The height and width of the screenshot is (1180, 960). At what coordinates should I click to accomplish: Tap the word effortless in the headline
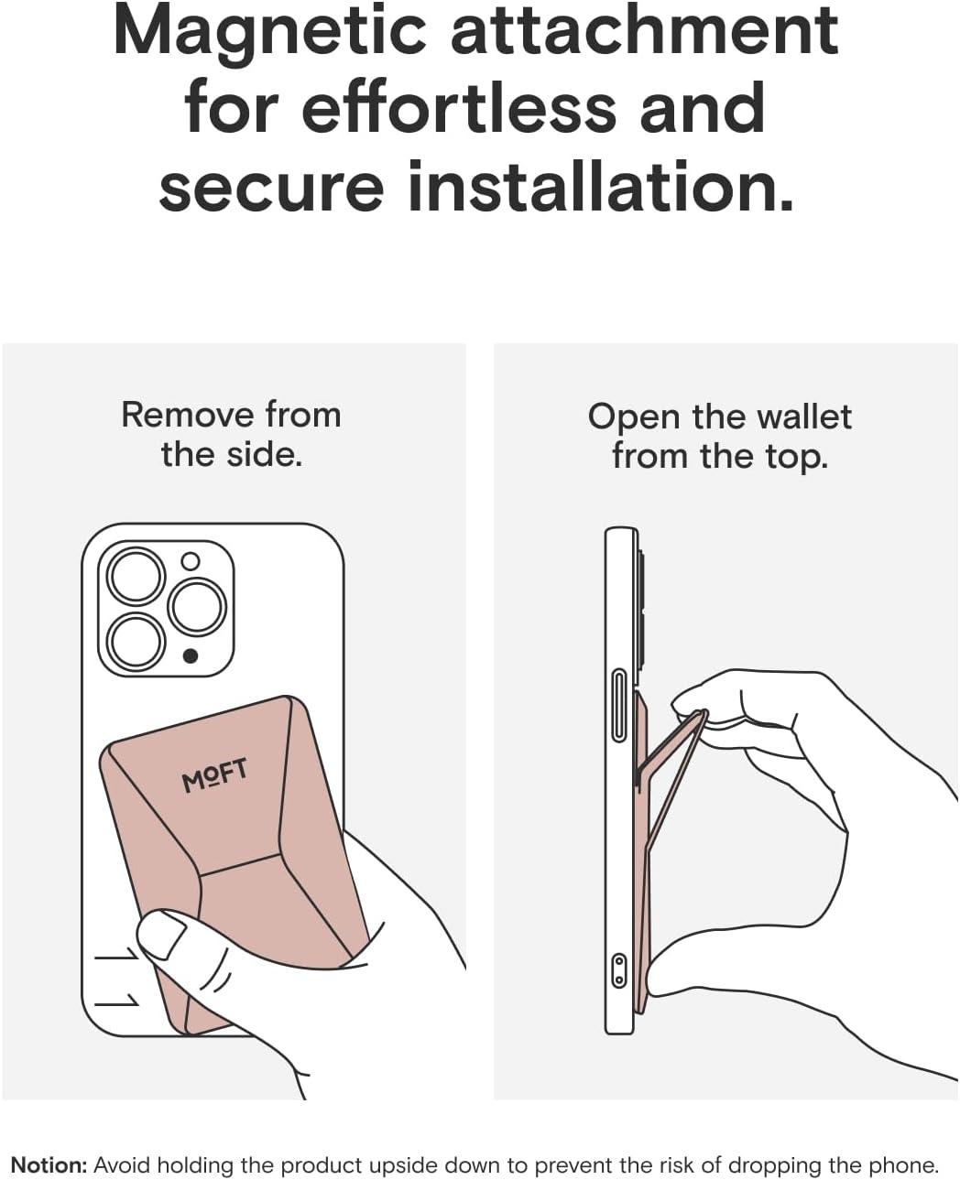459,107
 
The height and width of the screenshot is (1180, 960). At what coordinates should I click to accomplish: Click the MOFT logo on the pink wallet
214,775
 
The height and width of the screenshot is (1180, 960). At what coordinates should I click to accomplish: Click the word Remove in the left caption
188,416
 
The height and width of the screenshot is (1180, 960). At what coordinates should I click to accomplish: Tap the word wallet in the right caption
805,417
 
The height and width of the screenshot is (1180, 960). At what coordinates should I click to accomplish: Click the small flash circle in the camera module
191,561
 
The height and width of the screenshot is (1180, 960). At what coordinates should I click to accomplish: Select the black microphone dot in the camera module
191,656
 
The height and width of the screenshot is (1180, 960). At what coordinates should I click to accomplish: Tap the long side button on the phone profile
619,705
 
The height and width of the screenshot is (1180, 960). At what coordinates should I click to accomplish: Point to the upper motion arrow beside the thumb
117,955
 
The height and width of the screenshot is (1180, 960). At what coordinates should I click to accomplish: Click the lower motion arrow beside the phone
117,1001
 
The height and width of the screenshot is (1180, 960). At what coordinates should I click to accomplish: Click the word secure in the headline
271,186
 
